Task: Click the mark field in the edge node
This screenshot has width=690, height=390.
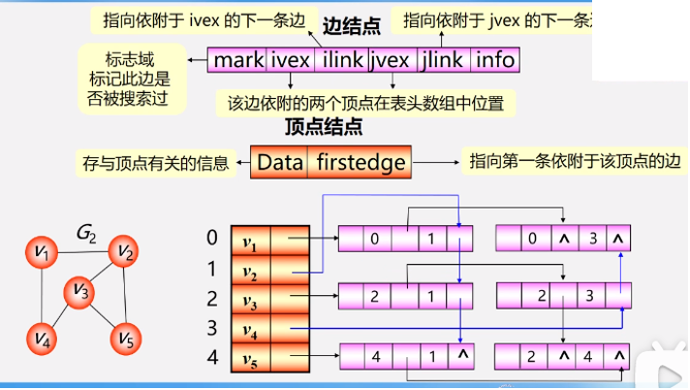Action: click(238, 60)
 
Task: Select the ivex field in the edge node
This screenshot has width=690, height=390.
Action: click(291, 60)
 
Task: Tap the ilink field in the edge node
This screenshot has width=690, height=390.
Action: click(341, 60)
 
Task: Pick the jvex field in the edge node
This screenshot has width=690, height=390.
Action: click(392, 60)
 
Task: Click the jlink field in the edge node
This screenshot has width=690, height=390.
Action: click(444, 60)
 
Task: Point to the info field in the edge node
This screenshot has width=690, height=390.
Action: click(494, 60)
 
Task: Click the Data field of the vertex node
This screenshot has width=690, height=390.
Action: click(280, 162)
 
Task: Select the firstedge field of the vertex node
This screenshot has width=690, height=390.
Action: click(361, 162)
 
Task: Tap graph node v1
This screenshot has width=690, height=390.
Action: click(42, 257)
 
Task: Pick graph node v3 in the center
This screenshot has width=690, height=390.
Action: click(81, 290)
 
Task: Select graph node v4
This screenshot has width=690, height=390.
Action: click(42, 339)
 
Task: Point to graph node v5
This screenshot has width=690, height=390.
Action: click(126, 339)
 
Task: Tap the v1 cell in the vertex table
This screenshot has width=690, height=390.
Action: click(250, 239)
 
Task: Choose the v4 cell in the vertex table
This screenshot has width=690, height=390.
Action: click(250, 329)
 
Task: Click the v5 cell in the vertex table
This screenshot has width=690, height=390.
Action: click(250, 360)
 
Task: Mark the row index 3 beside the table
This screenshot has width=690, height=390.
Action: click(211, 329)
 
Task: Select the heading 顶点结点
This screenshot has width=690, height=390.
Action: click(324, 126)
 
